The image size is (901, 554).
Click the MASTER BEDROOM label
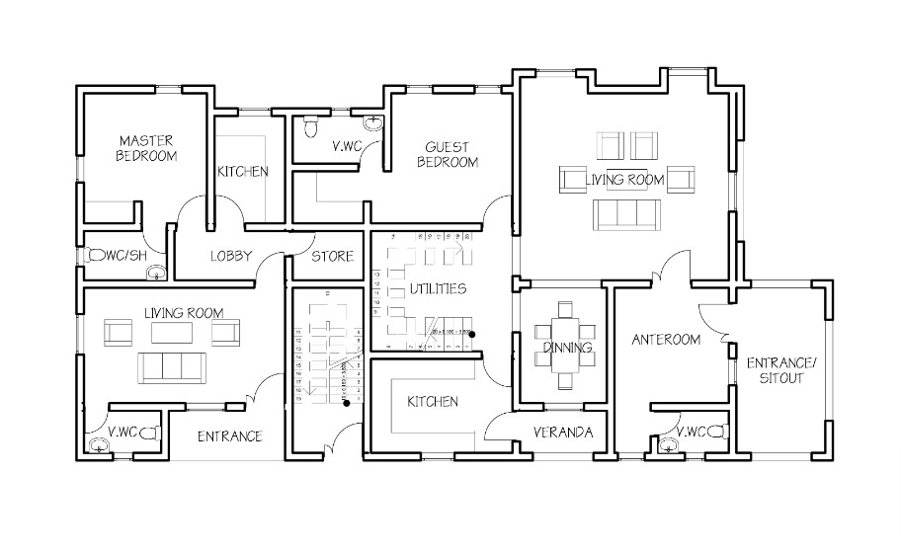pyautogui.click(x=146, y=148)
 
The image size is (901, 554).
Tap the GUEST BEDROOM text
pyautogui.click(x=447, y=154)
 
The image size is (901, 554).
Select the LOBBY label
pyautogui.click(x=231, y=257)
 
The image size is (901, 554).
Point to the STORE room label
pyautogui.click(x=332, y=257)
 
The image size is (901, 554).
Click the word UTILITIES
pyautogui.click(x=438, y=289)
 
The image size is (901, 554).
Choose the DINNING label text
pyautogui.click(x=567, y=348)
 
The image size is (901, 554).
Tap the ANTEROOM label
pyautogui.click(x=666, y=340)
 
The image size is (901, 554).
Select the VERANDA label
pyautogui.click(x=562, y=434)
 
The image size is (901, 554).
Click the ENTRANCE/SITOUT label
pyautogui.click(x=780, y=370)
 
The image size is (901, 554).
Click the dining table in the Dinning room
pyautogui.click(x=566, y=346)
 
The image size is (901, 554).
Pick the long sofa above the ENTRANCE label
pyautogui.click(x=172, y=366)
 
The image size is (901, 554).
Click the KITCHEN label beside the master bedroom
pyautogui.click(x=242, y=172)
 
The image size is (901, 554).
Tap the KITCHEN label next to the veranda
pyautogui.click(x=432, y=402)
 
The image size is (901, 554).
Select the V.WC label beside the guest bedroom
pyautogui.click(x=346, y=147)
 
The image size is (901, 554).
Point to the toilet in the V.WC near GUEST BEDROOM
pyautogui.click(x=311, y=127)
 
